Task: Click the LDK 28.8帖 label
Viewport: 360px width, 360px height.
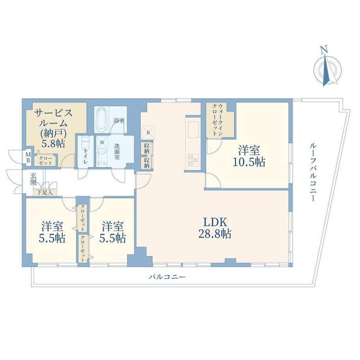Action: [215, 228]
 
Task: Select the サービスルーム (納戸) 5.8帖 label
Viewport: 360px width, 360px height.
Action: [53, 128]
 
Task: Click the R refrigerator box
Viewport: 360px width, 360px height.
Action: [148, 132]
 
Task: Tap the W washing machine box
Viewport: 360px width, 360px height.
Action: [102, 142]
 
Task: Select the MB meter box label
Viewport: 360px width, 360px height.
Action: [28, 157]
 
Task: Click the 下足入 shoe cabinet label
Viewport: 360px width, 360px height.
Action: [45, 193]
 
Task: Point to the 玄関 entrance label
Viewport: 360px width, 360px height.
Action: [34, 179]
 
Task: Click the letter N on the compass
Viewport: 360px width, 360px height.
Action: [324, 50]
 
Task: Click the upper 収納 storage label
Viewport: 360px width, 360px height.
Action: [146, 149]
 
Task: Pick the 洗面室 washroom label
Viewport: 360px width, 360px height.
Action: [117, 151]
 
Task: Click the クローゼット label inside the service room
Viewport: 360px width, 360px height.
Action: [45, 160]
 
